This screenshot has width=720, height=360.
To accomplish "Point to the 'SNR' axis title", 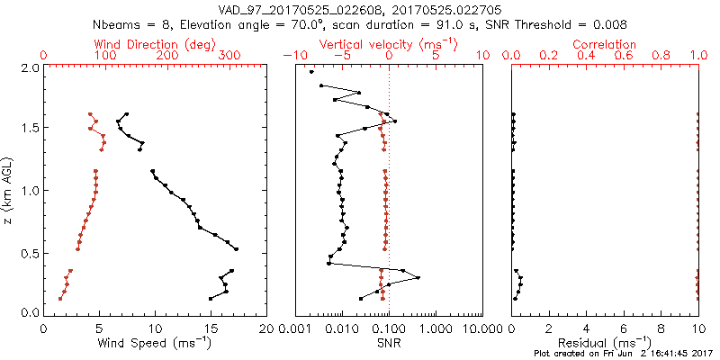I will coord(389,342).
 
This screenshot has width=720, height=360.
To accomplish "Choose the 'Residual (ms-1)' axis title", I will coord(606,342).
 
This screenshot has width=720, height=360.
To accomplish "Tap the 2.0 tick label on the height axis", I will coord(31,67).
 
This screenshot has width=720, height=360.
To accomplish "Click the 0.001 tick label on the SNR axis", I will coord(296,328).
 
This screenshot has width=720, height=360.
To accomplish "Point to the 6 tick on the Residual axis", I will coord(624,328).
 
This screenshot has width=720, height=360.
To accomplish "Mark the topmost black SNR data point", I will coord(311,72).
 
